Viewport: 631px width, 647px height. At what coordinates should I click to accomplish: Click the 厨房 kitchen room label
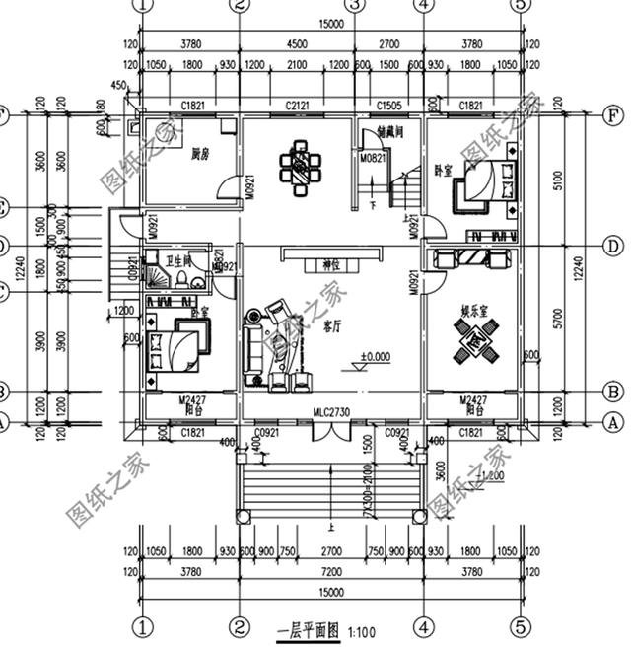201,153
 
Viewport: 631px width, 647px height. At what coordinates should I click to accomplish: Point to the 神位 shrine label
330,264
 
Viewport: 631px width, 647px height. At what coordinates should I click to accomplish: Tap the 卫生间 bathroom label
177,262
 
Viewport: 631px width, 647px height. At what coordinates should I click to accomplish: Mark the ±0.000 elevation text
374,356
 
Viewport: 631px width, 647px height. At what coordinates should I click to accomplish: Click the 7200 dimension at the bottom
331,571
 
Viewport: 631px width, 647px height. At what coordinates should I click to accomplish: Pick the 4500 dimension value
298,42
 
